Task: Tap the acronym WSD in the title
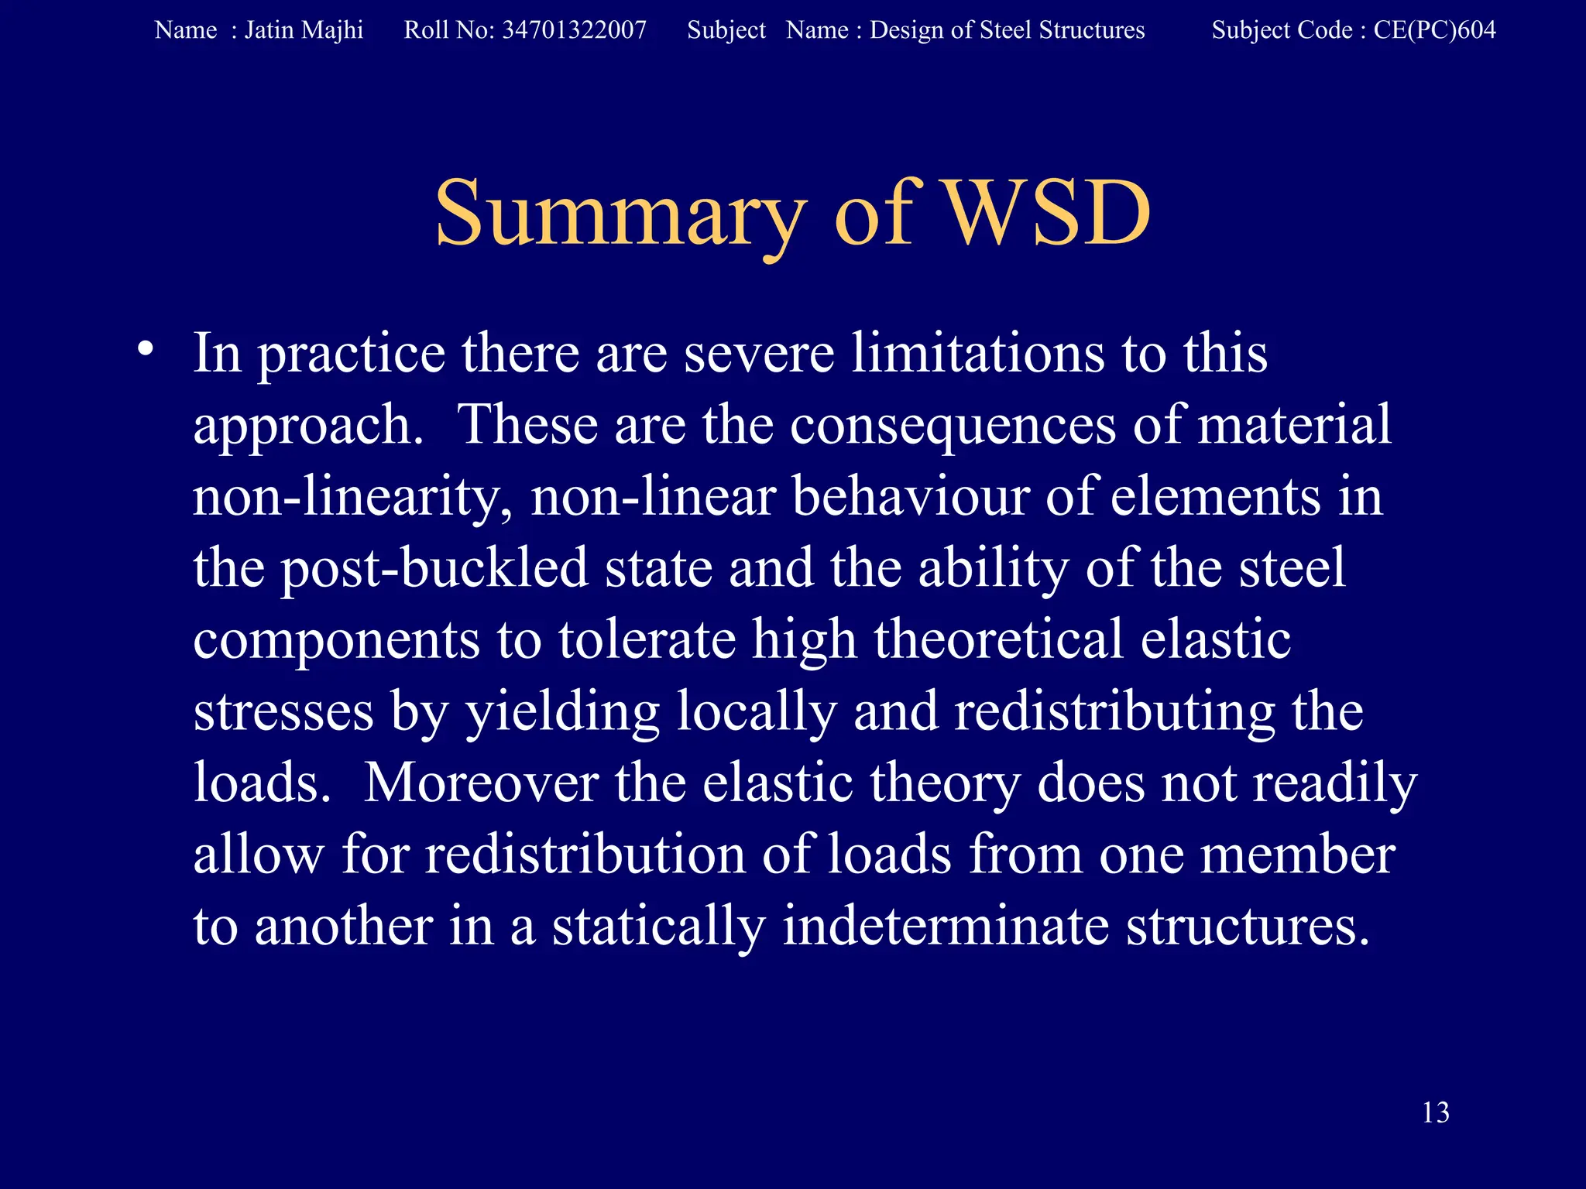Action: pyautogui.click(x=1049, y=214)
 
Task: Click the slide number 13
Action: pyautogui.click(x=1436, y=1112)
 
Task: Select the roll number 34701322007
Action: pyautogui.click(x=574, y=30)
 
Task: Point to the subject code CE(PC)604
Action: pyautogui.click(x=1434, y=30)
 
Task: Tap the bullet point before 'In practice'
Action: pyautogui.click(x=144, y=350)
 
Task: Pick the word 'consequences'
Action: pyautogui.click(x=953, y=426)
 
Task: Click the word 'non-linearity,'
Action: pyautogui.click(x=352, y=497)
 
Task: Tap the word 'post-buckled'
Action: pyautogui.click(x=434, y=569)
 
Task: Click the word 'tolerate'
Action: pyautogui.click(x=647, y=640)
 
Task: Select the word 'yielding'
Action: pyautogui.click(x=561, y=712)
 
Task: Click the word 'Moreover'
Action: pyautogui.click(x=481, y=783)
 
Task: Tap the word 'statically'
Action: pyautogui.click(x=658, y=927)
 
